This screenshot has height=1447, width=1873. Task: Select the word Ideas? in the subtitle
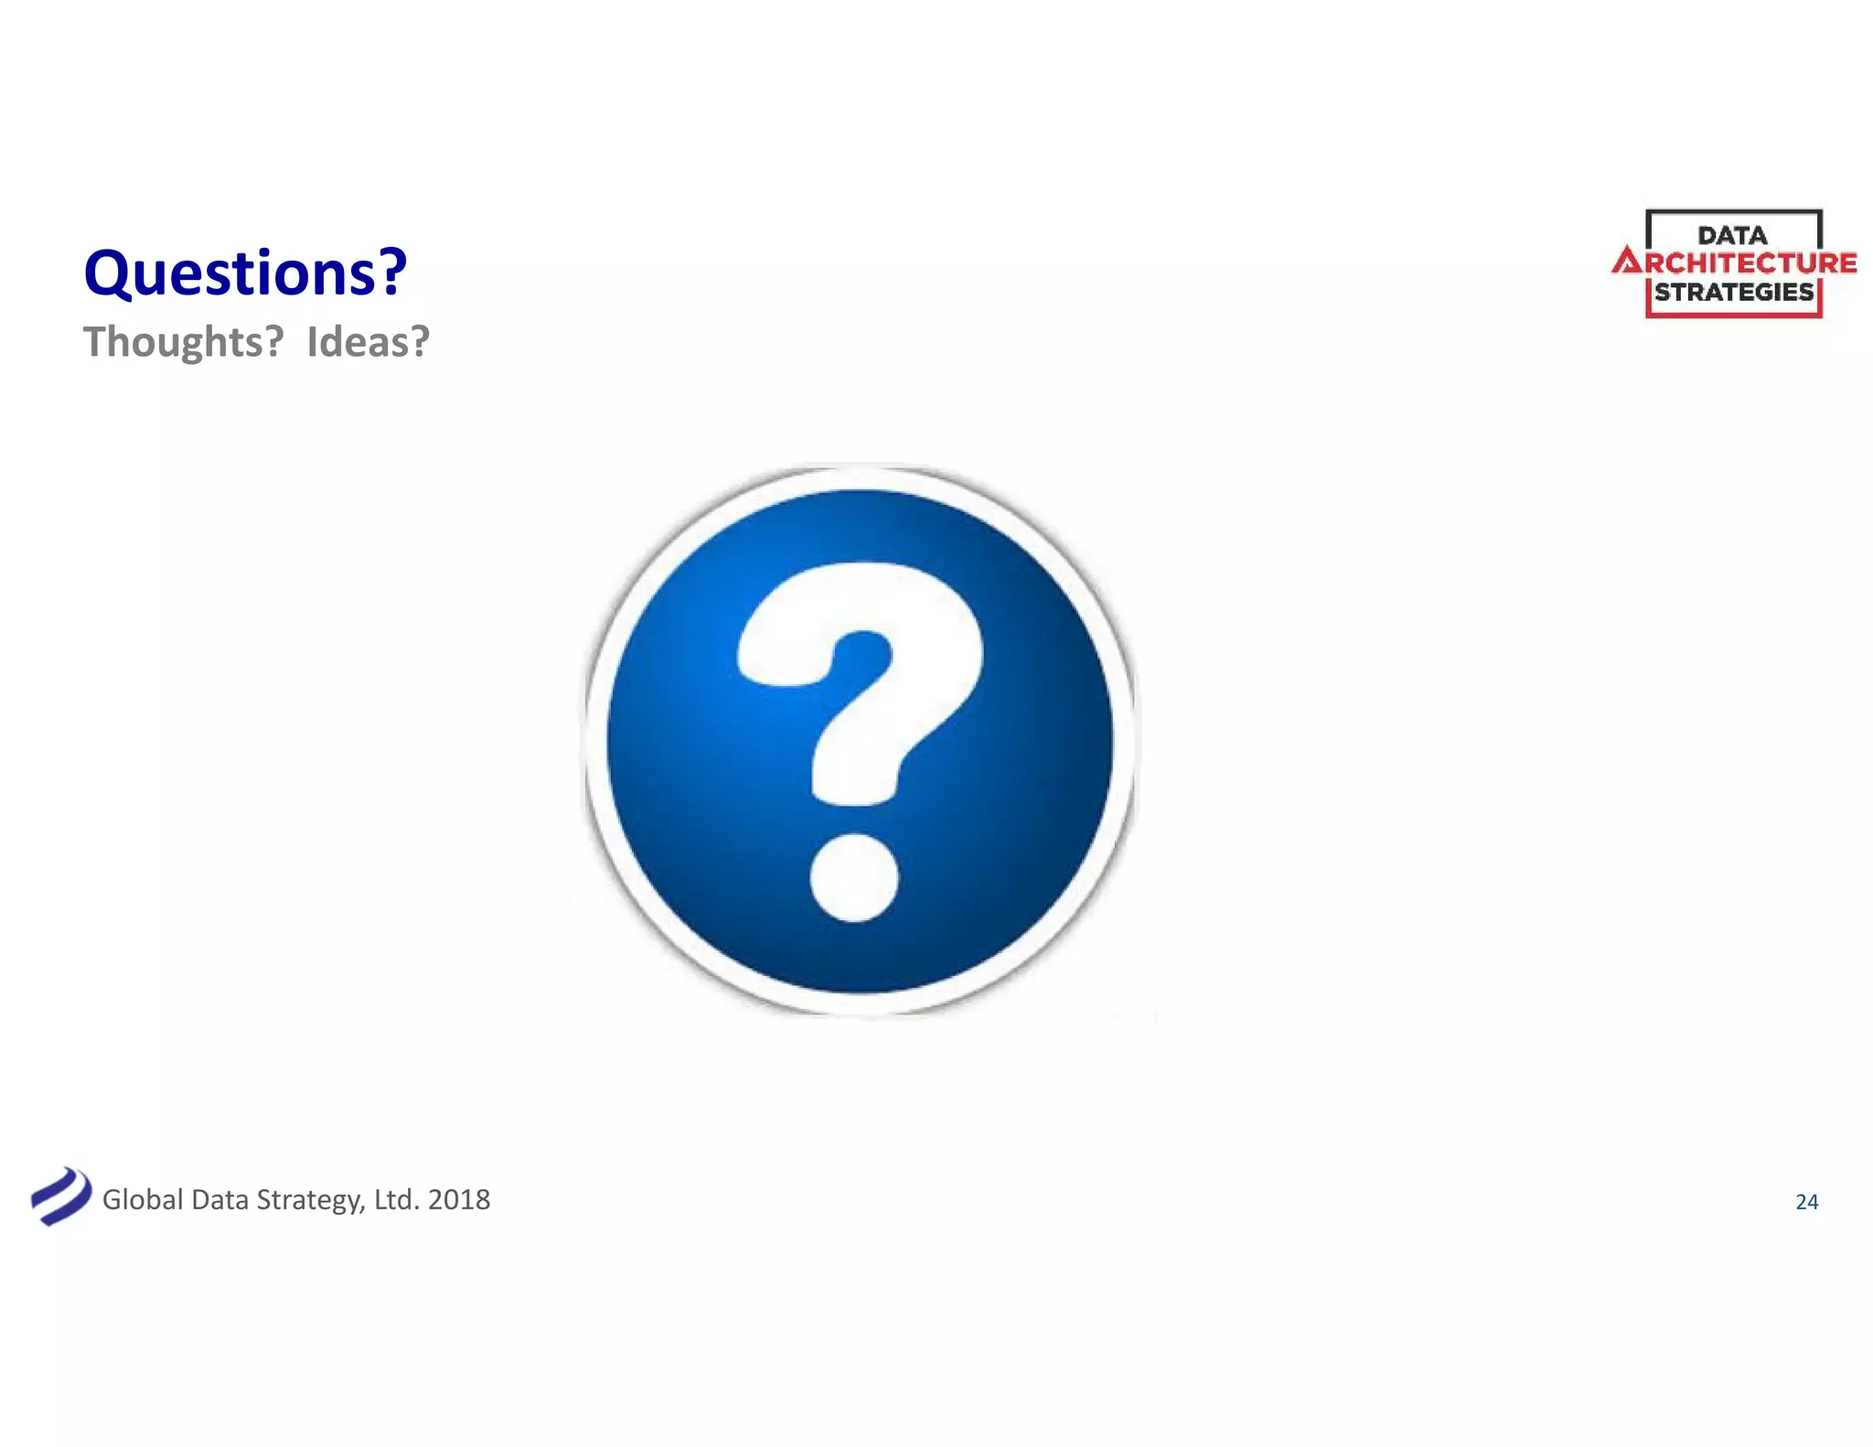click(x=368, y=342)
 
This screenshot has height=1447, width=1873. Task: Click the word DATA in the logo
click(x=1732, y=235)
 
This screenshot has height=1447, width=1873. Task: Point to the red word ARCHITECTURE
click(x=1735, y=263)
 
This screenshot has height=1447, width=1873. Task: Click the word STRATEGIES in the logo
click(x=1734, y=293)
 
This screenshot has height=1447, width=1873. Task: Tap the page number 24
click(x=1806, y=1202)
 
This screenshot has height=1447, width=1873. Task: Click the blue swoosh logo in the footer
click(x=60, y=1196)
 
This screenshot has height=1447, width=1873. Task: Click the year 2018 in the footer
click(x=459, y=1199)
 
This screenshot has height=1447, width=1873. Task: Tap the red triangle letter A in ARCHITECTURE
click(x=1627, y=263)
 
